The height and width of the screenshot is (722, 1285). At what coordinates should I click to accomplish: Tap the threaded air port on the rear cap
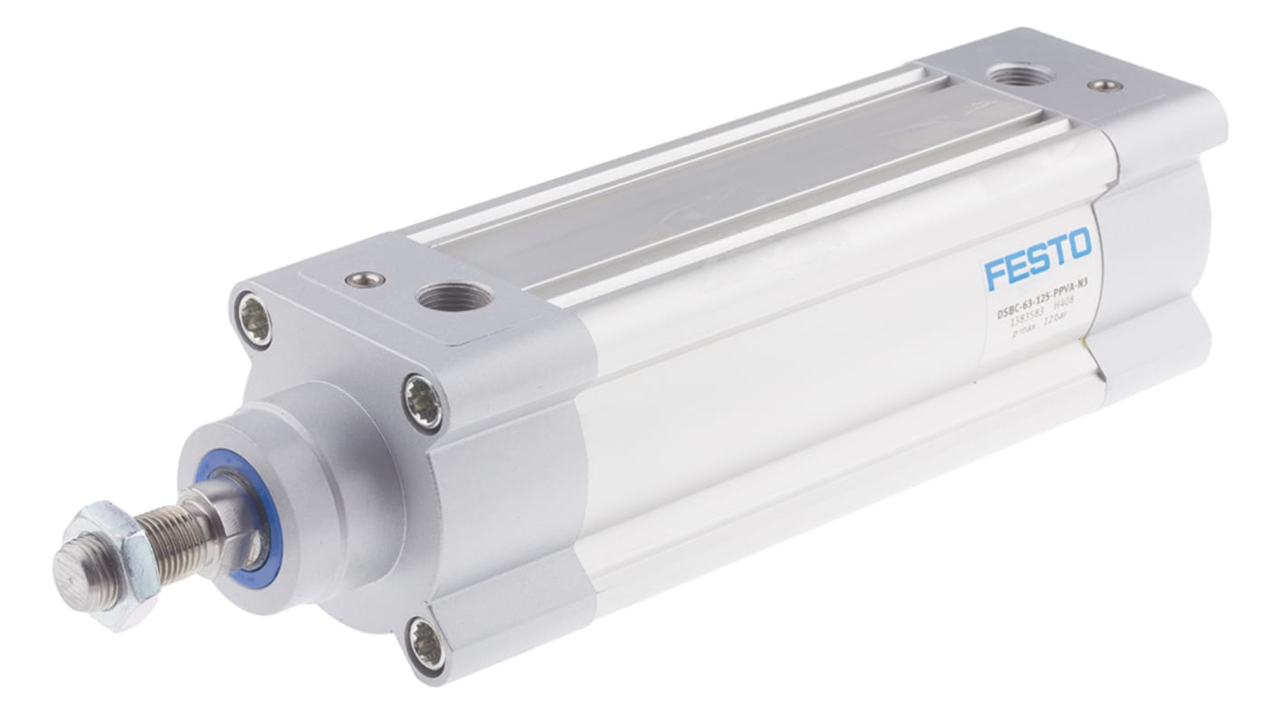point(1021,74)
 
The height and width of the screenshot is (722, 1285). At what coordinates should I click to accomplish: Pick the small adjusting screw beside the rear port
point(1105,86)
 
